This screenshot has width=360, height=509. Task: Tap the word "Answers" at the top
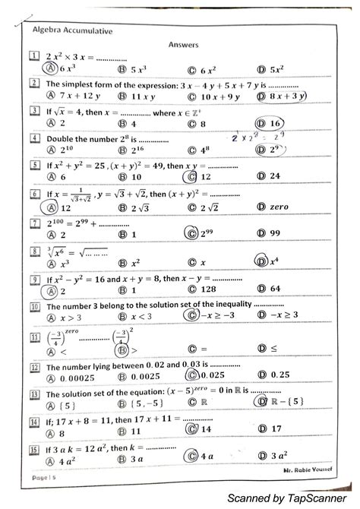pyautogui.click(x=183, y=45)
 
